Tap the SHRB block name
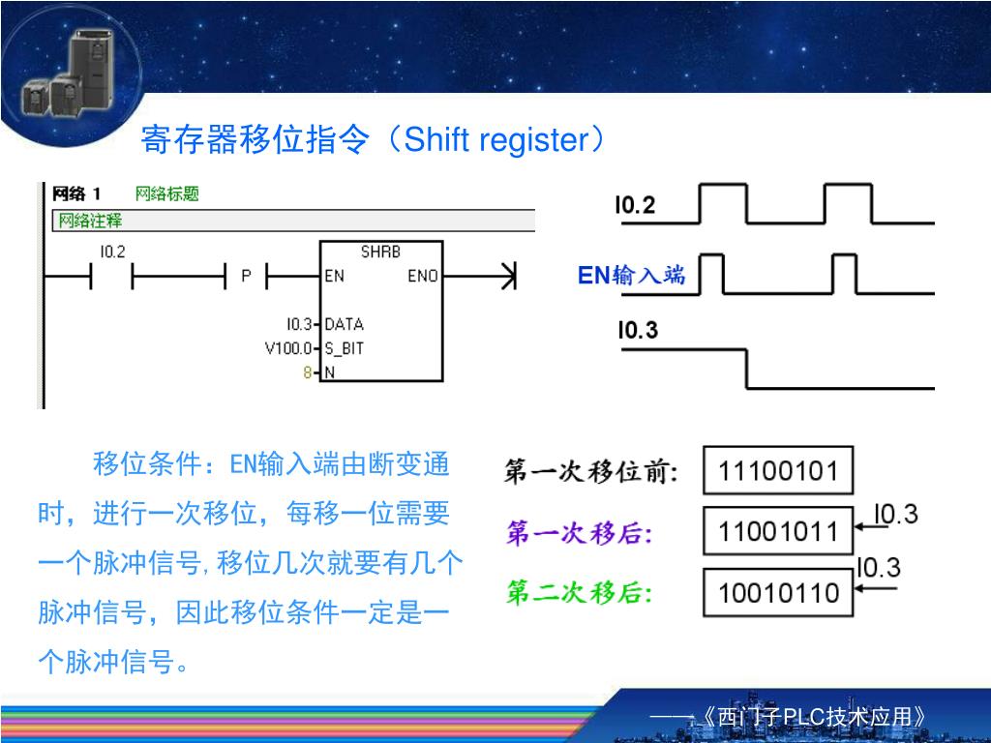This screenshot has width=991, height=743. (380, 252)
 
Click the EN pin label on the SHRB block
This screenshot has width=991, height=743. (334, 276)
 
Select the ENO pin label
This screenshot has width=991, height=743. (423, 276)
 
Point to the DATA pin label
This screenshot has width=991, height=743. (344, 324)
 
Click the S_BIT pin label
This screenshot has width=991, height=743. (345, 348)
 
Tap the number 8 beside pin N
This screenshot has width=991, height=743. (308, 372)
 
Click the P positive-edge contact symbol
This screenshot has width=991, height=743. (246, 277)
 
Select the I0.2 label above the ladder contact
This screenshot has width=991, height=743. (112, 253)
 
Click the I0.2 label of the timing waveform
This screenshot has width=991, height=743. (635, 206)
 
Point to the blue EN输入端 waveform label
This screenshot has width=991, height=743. (631, 276)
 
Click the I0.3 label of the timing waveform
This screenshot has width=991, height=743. (638, 331)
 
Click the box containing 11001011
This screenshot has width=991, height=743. (777, 532)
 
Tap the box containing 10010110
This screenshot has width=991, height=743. (777, 592)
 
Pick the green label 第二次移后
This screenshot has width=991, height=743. (580, 592)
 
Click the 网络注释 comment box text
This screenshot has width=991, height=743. (91, 221)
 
